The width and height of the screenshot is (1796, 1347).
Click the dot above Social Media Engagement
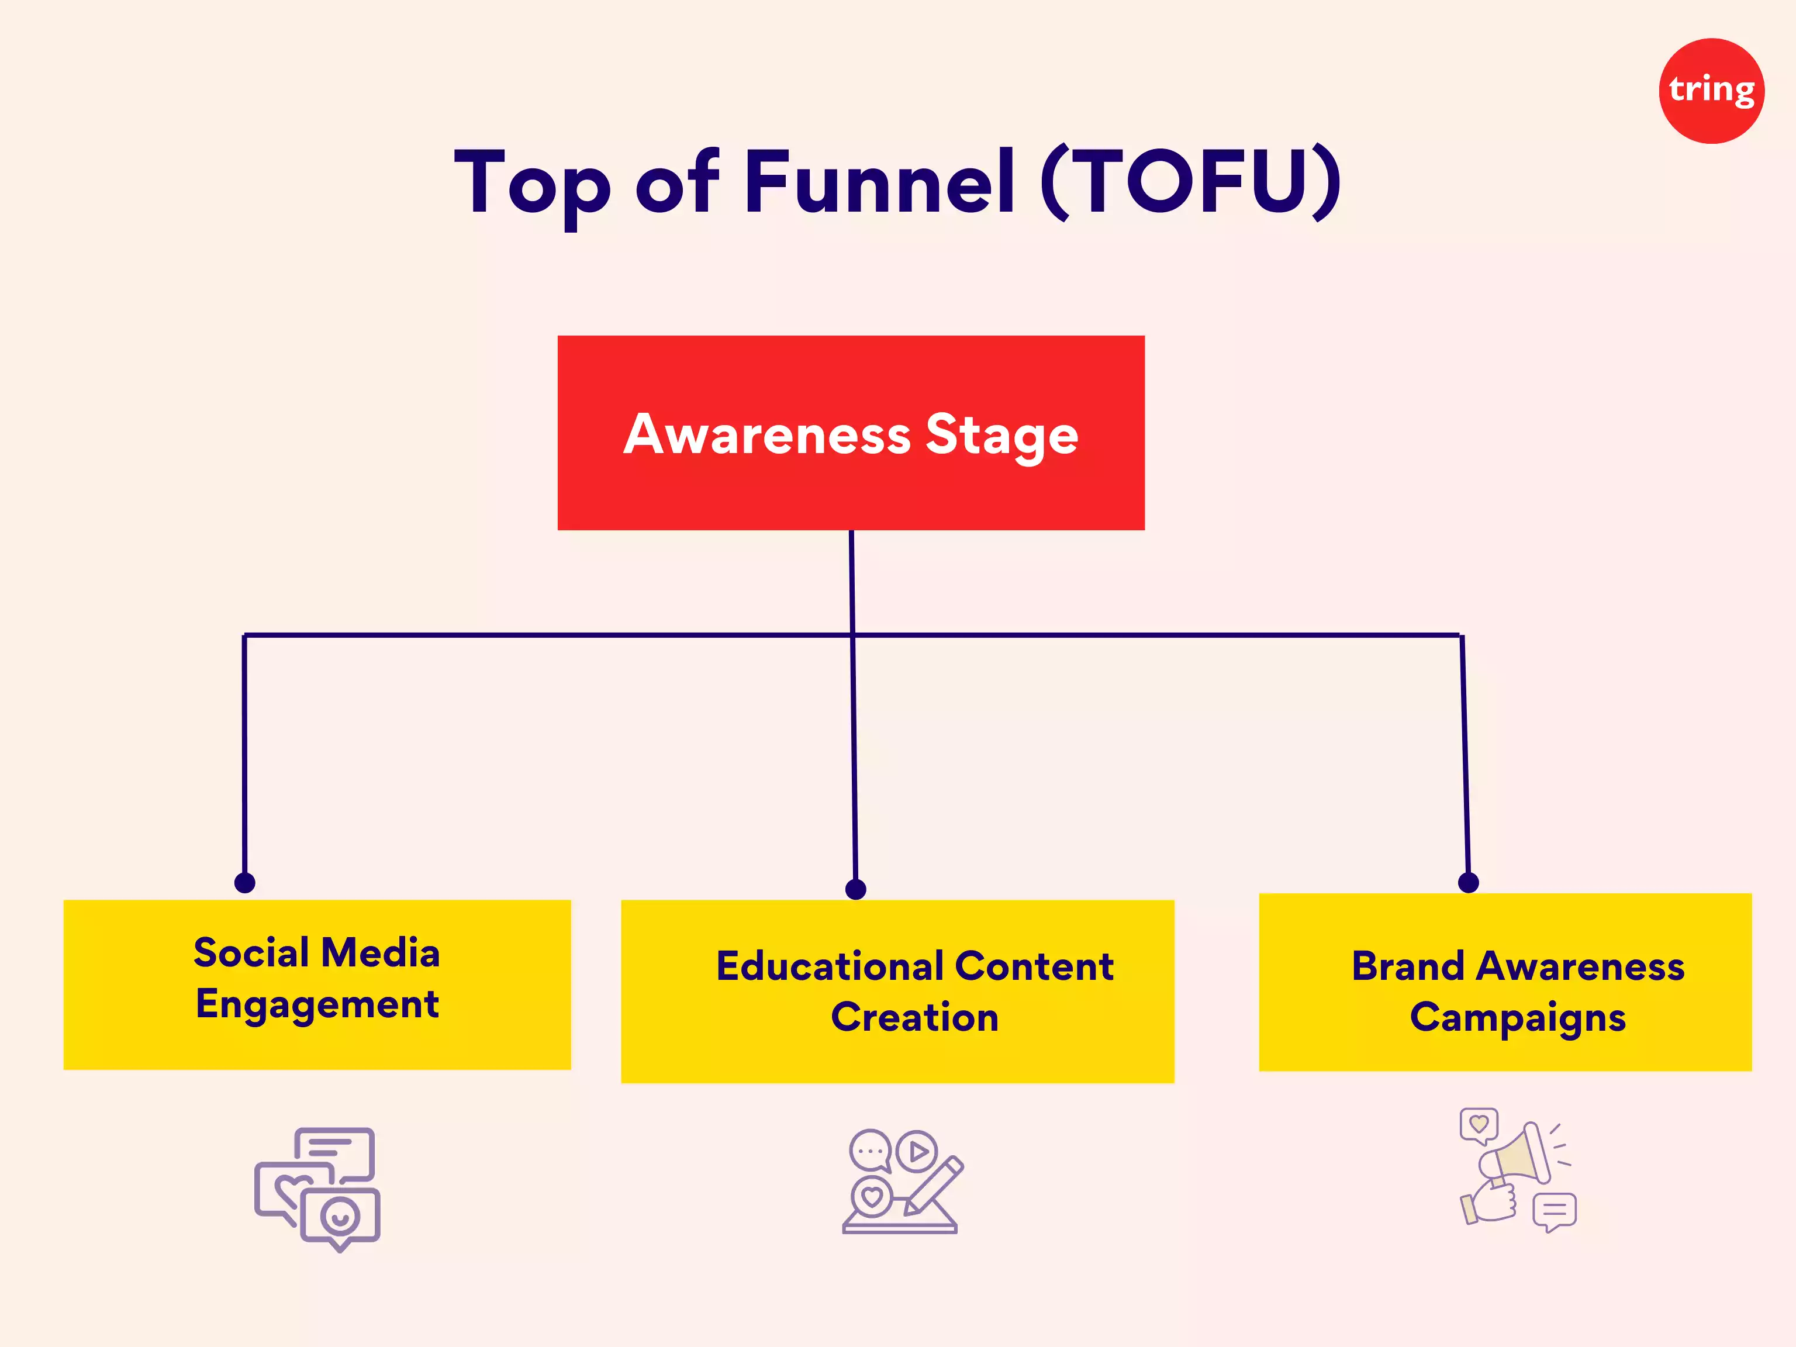pyautogui.click(x=244, y=883)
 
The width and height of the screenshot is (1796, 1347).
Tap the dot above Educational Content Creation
pyautogui.click(x=856, y=889)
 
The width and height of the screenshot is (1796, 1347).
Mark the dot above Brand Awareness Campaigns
pyautogui.click(x=1468, y=883)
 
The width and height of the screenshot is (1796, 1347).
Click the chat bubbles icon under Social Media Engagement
pyautogui.click(x=317, y=1189)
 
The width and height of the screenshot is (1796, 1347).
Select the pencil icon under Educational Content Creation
pyautogui.click(x=934, y=1186)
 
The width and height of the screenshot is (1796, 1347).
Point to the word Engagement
pyautogui.click(x=317, y=1004)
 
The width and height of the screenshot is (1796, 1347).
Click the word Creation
pyautogui.click(x=914, y=1017)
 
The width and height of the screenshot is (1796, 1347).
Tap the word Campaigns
pyautogui.click(x=1518, y=1017)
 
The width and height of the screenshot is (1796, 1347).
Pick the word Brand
pyautogui.click(x=1407, y=966)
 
